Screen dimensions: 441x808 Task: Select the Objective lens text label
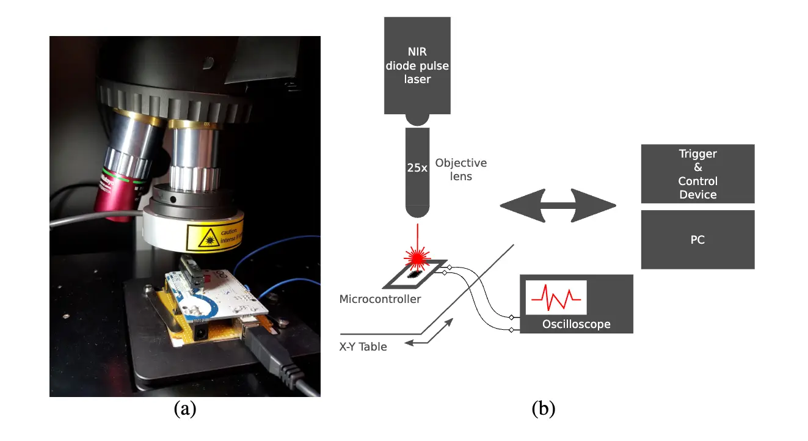point(461,170)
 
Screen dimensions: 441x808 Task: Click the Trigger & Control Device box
point(697,173)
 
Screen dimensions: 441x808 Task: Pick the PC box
point(697,239)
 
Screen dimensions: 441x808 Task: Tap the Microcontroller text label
point(380,299)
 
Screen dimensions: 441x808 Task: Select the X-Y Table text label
point(363,346)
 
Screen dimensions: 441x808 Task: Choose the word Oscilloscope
point(576,324)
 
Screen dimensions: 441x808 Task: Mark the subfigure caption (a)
point(185,409)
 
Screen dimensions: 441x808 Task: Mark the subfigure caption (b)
point(544,409)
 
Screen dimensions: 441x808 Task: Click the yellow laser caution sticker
point(215,237)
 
